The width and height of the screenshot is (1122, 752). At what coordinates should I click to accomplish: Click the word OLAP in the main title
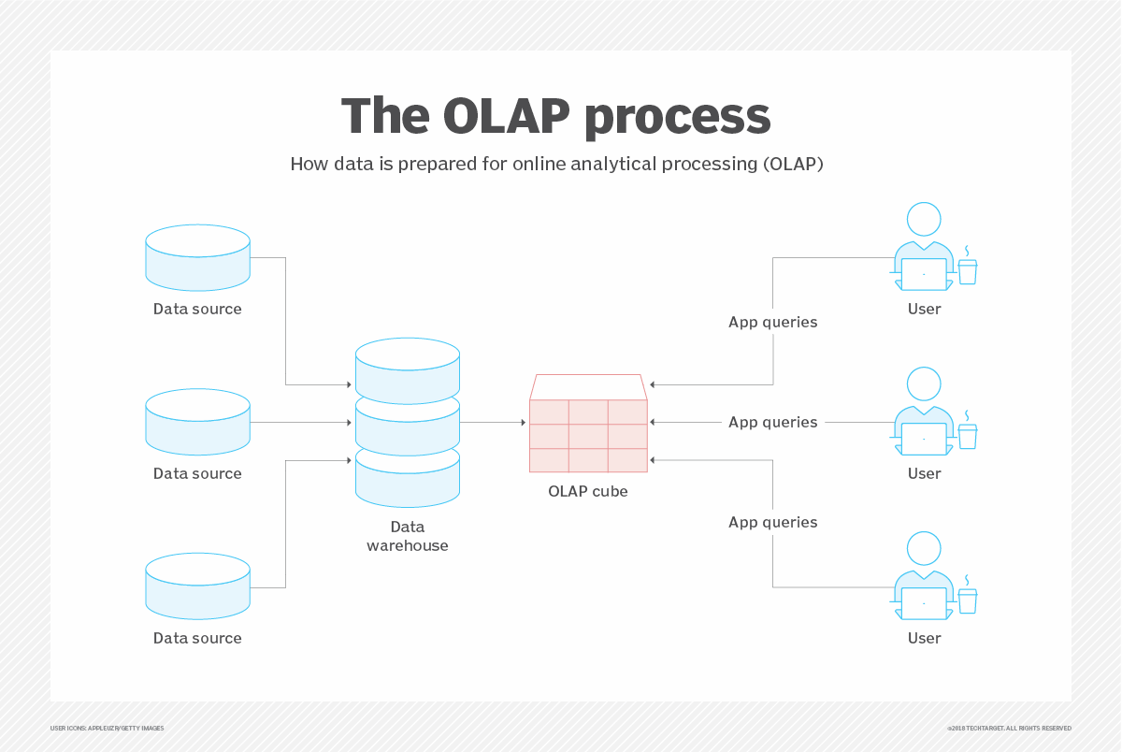507,116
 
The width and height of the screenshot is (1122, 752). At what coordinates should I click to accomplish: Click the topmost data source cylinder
198,257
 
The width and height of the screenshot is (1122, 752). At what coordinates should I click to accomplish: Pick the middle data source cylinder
198,422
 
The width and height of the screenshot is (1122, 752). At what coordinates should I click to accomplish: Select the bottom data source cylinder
198,586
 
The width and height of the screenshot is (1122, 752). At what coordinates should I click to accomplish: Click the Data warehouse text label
408,536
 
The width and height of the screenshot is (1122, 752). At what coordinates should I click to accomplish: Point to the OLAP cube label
588,491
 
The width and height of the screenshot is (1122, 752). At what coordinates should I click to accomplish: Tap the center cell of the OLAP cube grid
588,437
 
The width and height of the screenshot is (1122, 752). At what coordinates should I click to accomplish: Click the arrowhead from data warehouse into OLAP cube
524,423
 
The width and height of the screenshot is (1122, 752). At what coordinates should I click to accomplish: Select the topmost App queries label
773,322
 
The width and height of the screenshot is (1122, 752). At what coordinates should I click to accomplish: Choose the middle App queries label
773,423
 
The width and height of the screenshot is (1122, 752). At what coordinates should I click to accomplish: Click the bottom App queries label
773,523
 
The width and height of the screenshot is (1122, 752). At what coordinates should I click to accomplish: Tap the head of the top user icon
924,219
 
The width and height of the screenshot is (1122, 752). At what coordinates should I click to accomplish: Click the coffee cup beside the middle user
968,435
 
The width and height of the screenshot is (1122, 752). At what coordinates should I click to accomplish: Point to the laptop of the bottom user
924,604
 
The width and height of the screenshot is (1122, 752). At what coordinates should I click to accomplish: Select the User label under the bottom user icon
924,638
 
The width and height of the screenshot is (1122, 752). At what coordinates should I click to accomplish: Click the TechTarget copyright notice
1009,729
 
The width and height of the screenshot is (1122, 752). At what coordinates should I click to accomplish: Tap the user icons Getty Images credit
107,729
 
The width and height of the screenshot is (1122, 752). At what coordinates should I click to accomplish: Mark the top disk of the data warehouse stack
408,370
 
